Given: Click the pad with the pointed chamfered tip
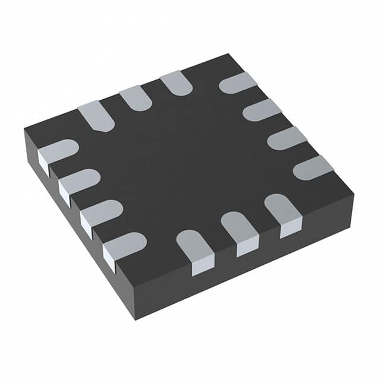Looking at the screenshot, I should pos(96,115).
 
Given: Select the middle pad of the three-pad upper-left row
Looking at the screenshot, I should pos(136,97).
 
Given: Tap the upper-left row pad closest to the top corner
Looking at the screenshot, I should pos(176,83).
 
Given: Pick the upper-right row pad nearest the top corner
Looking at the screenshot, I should pos(237,83).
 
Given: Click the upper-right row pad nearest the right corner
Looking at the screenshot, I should pos(313,168).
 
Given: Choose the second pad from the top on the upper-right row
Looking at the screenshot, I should pos(261,110).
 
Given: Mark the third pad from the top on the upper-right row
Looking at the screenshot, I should pos(286,138).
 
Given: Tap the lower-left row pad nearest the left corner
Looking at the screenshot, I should pos(58,153).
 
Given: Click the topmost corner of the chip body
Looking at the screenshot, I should pos(227,54).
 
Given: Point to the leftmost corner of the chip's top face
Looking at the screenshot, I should pos(24,129).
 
